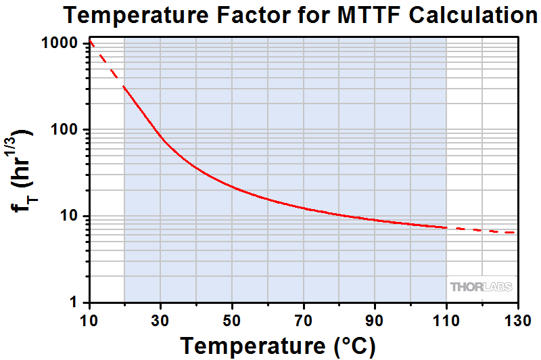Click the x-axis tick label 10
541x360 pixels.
coord(89,318)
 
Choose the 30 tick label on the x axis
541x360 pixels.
coord(161,318)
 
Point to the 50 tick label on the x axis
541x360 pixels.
coord(232,318)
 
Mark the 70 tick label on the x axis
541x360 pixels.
coord(304,318)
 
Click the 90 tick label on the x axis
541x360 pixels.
coord(375,318)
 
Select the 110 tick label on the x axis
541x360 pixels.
coord(446,318)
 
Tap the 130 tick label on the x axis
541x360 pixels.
coord(517,318)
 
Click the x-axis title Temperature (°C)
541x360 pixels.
coord(277,344)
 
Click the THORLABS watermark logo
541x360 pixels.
coord(481,287)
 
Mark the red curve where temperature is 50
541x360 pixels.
coord(232,186)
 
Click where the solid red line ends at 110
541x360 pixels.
coord(446,227)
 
